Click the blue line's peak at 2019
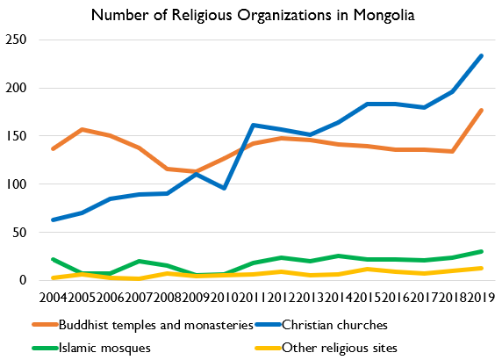tap(481, 56)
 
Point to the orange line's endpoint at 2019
tap(481, 111)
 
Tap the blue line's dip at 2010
tap(226, 188)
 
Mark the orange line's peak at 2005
tap(82, 130)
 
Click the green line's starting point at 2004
tap(54, 259)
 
